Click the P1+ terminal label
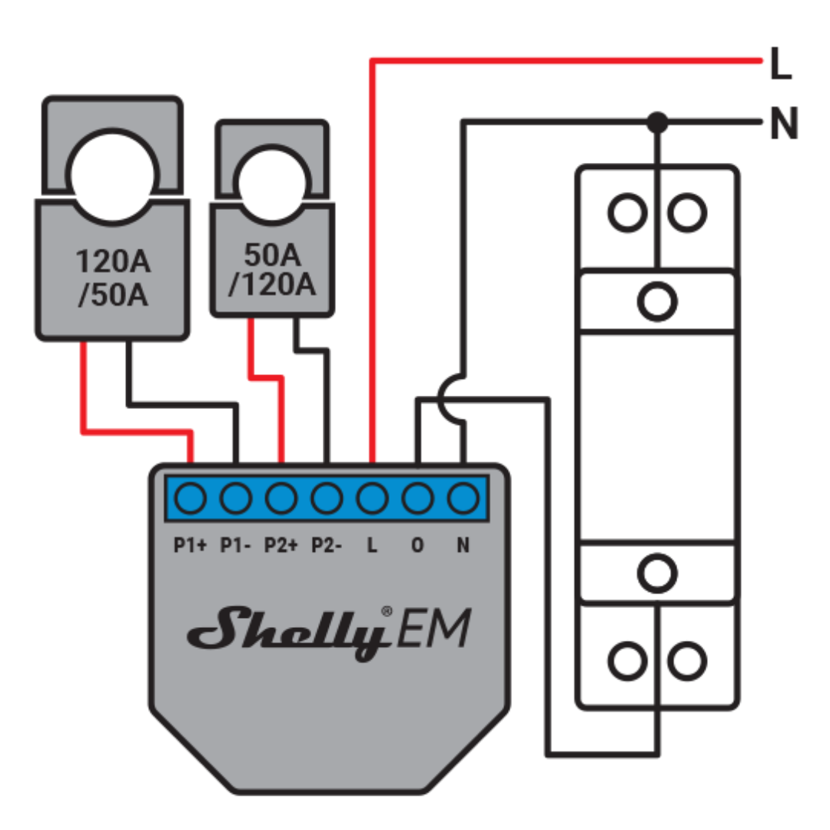coord(190,546)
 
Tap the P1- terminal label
coord(235,546)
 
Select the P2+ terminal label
coord(281,546)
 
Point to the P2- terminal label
coord(327,546)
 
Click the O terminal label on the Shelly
coord(417,546)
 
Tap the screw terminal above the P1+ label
coord(190,500)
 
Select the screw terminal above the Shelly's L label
coord(372,500)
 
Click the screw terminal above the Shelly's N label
coord(463,500)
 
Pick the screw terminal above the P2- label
coord(327,500)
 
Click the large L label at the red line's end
coord(781,68)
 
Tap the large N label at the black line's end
coord(783,124)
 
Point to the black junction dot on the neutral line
coord(656,121)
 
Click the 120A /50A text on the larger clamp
coord(112,278)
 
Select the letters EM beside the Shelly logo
coord(432,630)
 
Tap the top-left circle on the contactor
coord(628,212)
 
